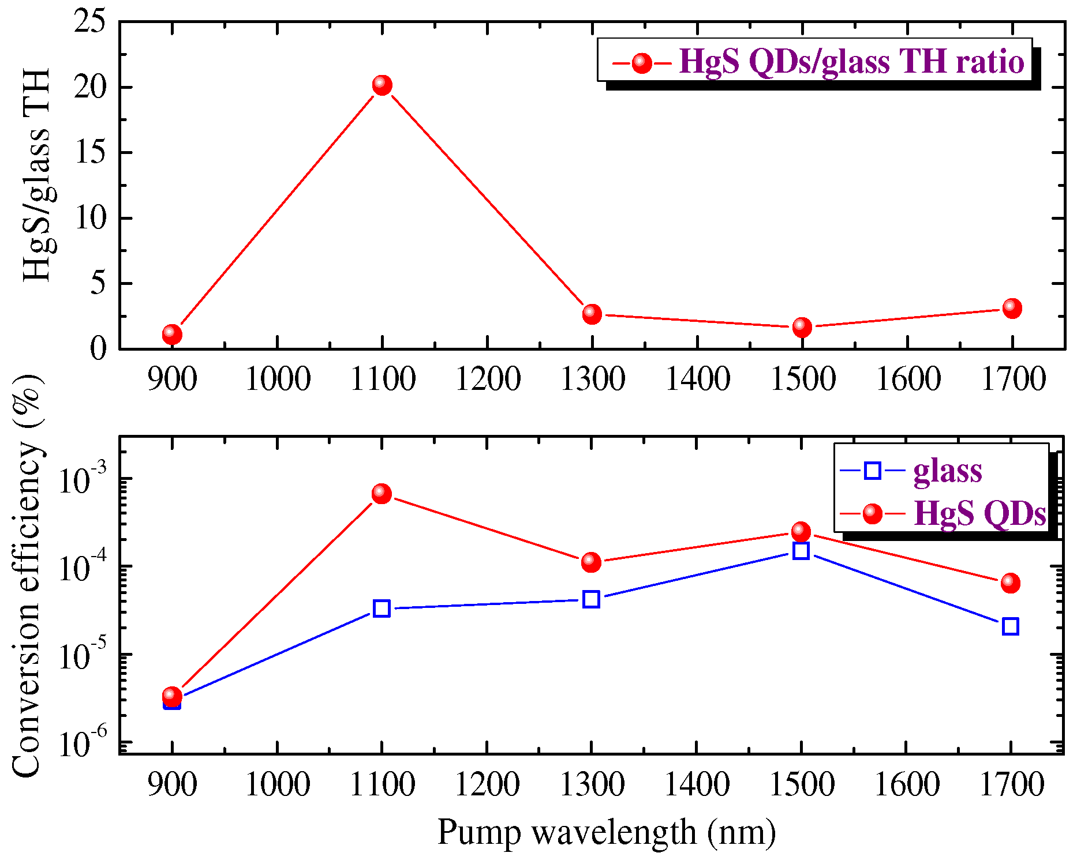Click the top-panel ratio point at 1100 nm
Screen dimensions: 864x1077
point(382,85)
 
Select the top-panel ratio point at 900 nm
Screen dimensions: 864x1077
point(172,334)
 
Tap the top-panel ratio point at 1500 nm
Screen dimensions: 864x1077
point(802,327)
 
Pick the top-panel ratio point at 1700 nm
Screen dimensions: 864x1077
point(1012,308)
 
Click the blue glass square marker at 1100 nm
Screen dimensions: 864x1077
point(382,608)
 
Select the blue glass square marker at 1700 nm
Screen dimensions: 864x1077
point(1010,626)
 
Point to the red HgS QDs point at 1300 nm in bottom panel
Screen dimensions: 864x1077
point(591,562)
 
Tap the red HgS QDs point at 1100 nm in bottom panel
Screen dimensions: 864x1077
point(382,494)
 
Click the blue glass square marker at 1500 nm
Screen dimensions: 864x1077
point(801,551)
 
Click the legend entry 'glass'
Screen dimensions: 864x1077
point(947,471)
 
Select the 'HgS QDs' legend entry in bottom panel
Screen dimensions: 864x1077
point(979,513)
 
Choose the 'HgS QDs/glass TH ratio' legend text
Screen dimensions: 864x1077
point(851,61)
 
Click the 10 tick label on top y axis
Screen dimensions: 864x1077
point(91,218)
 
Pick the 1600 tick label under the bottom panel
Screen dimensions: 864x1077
point(907,785)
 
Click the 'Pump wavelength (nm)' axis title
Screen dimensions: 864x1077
point(606,833)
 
